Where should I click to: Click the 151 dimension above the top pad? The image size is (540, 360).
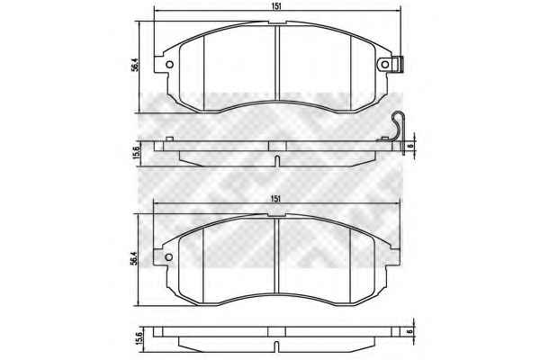coord(276,6)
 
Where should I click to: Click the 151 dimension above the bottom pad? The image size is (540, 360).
coord(276,199)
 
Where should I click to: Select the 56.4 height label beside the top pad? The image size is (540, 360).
coord(135,65)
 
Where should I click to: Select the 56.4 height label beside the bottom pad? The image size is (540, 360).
coord(134,258)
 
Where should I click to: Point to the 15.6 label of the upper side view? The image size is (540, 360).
coord(136,152)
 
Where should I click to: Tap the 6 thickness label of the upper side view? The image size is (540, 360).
coord(409,146)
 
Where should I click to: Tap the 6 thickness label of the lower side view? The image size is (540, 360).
coord(409,331)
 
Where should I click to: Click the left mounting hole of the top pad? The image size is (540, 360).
coord(169,65)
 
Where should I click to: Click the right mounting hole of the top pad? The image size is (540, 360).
coord(385,65)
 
